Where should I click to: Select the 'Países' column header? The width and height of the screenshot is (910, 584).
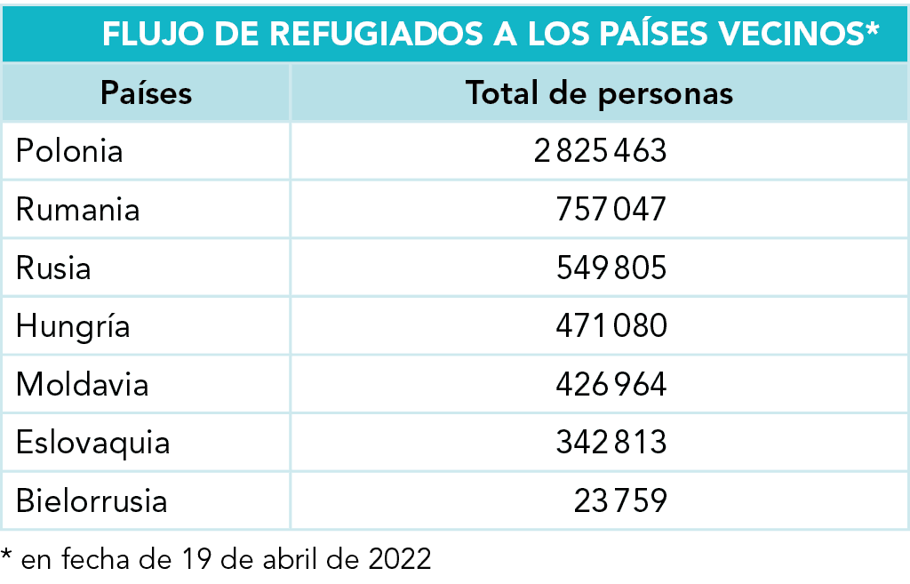tap(147, 92)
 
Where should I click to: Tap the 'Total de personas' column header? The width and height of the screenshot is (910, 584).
tap(599, 93)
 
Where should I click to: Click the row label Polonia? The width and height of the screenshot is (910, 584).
tap(69, 151)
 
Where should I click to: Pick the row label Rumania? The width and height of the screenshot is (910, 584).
tap(78, 210)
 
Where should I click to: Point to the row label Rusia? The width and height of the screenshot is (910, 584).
tap(53, 268)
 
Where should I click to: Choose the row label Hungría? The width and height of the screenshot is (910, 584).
tap(73, 326)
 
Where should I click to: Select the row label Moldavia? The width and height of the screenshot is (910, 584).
tap(83, 384)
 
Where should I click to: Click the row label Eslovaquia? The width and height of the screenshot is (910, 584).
tap(92, 444)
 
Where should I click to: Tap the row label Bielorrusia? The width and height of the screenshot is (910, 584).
tap(92, 501)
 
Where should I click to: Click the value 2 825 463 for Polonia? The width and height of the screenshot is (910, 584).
tap(600, 151)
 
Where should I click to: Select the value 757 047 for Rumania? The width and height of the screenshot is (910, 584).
tap(611, 210)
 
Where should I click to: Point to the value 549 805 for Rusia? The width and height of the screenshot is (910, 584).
tap(611, 268)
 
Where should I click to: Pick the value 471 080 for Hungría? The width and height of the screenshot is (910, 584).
tap(611, 325)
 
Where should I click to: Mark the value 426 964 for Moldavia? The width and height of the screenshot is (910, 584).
tap(611, 384)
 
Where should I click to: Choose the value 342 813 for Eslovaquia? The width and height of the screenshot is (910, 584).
tap(611, 443)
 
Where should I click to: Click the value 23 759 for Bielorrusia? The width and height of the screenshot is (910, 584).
tap(620, 501)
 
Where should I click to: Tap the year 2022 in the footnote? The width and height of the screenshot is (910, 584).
tap(400, 559)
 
